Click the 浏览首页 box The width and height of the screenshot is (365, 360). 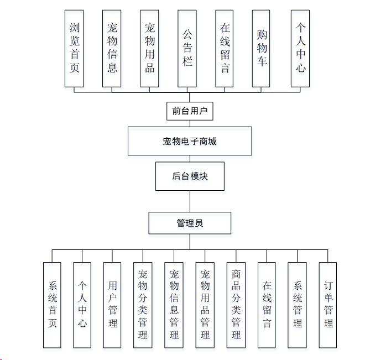(75, 49)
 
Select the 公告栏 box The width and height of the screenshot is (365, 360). (187, 49)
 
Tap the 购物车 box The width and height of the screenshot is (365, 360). (262, 49)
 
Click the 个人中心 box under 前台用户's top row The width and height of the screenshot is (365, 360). (300, 49)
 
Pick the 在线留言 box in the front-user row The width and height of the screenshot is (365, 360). (225, 49)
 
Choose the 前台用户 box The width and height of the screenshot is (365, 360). (190, 111)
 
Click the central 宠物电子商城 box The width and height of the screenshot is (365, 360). (190, 141)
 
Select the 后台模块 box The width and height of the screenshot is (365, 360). (190, 176)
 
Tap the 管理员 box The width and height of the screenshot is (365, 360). (190, 223)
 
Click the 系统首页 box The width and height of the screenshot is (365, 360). (53, 305)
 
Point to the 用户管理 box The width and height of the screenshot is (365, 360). (112, 305)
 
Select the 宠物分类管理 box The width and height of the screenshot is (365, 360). (143, 305)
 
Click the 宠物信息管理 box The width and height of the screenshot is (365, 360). (174, 305)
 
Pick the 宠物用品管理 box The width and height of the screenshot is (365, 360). (205, 305)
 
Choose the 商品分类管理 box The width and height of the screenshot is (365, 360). (236, 305)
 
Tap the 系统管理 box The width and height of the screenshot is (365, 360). (297, 305)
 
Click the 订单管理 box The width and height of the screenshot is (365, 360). (328, 305)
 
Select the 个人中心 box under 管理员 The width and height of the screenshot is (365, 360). (82, 305)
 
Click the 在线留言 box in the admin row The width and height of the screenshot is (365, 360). (267, 305)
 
